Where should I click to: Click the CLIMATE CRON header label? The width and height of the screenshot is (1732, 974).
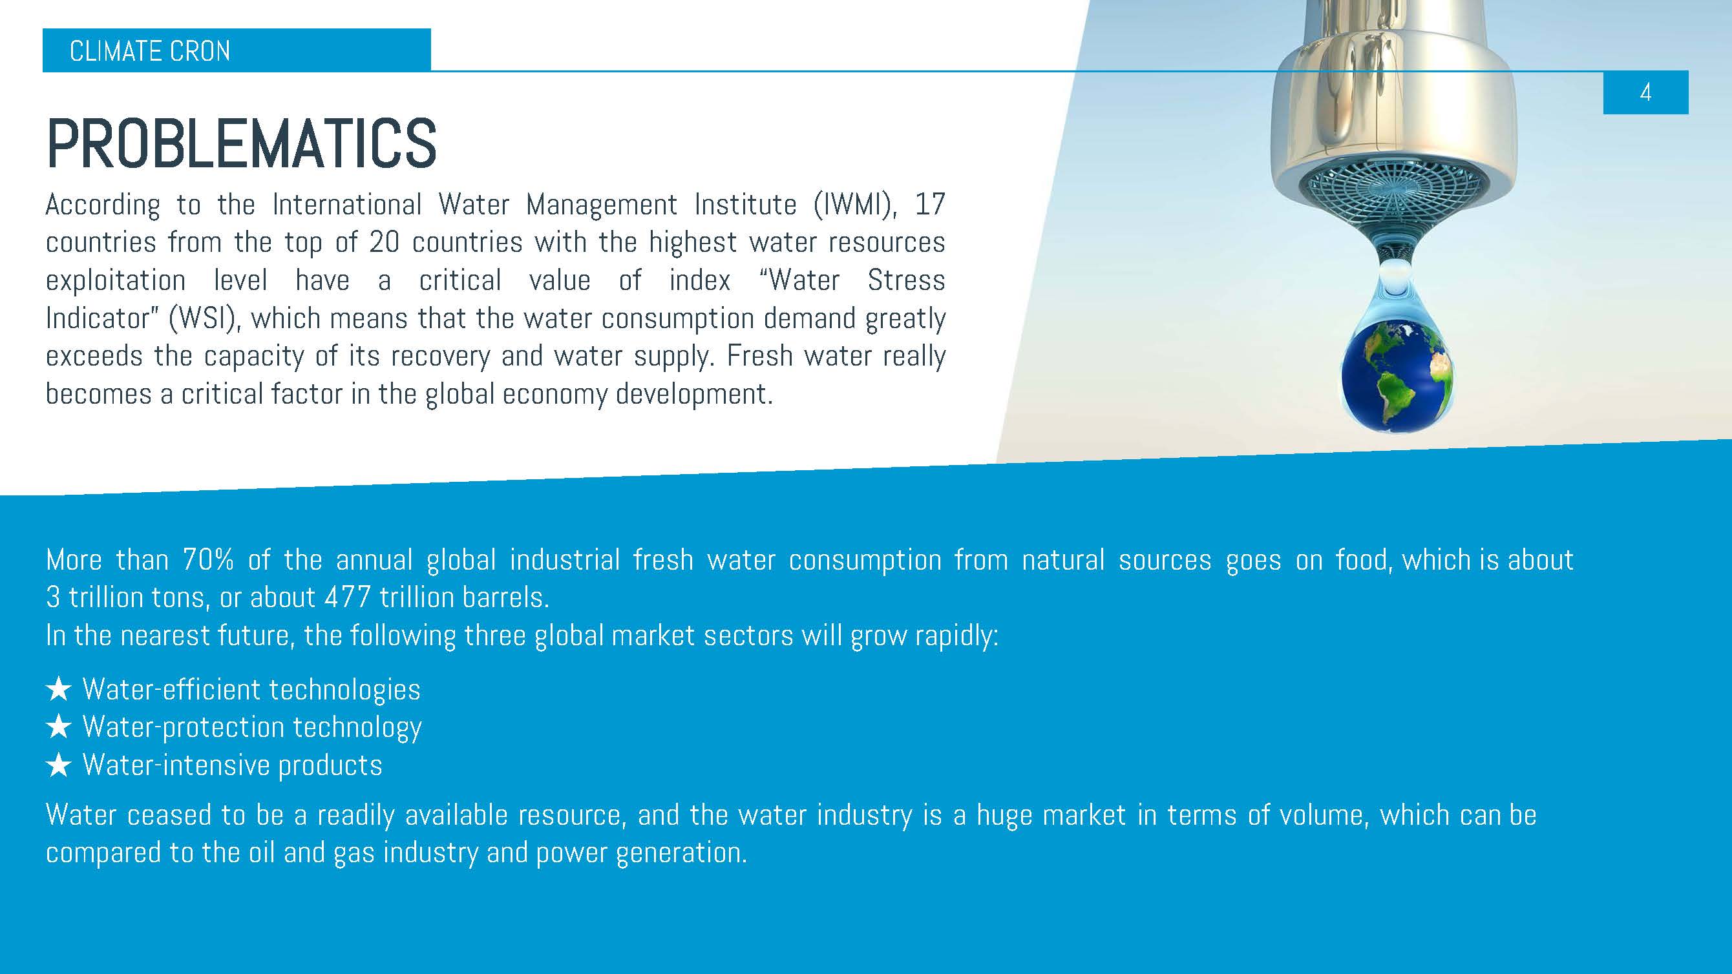150,51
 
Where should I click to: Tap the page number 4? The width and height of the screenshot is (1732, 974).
1645,92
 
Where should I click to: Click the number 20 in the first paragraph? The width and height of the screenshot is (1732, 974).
384,242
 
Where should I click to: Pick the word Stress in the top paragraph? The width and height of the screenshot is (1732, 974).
906,280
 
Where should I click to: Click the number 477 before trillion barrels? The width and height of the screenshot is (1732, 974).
348,597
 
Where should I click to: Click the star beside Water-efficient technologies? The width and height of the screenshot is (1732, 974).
59,689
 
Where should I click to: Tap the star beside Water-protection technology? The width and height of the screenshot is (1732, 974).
59,727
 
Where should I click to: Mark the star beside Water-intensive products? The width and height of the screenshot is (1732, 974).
59,765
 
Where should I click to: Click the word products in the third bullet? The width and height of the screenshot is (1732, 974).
330,765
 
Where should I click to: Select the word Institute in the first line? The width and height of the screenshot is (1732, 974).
746,204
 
